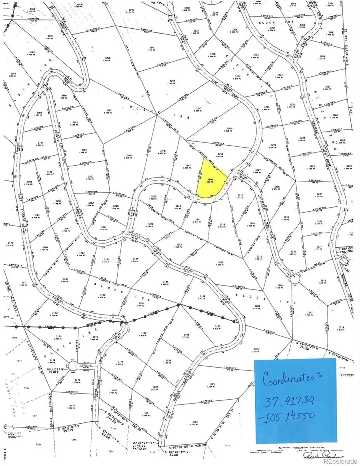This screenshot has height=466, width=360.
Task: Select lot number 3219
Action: [323, 280]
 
